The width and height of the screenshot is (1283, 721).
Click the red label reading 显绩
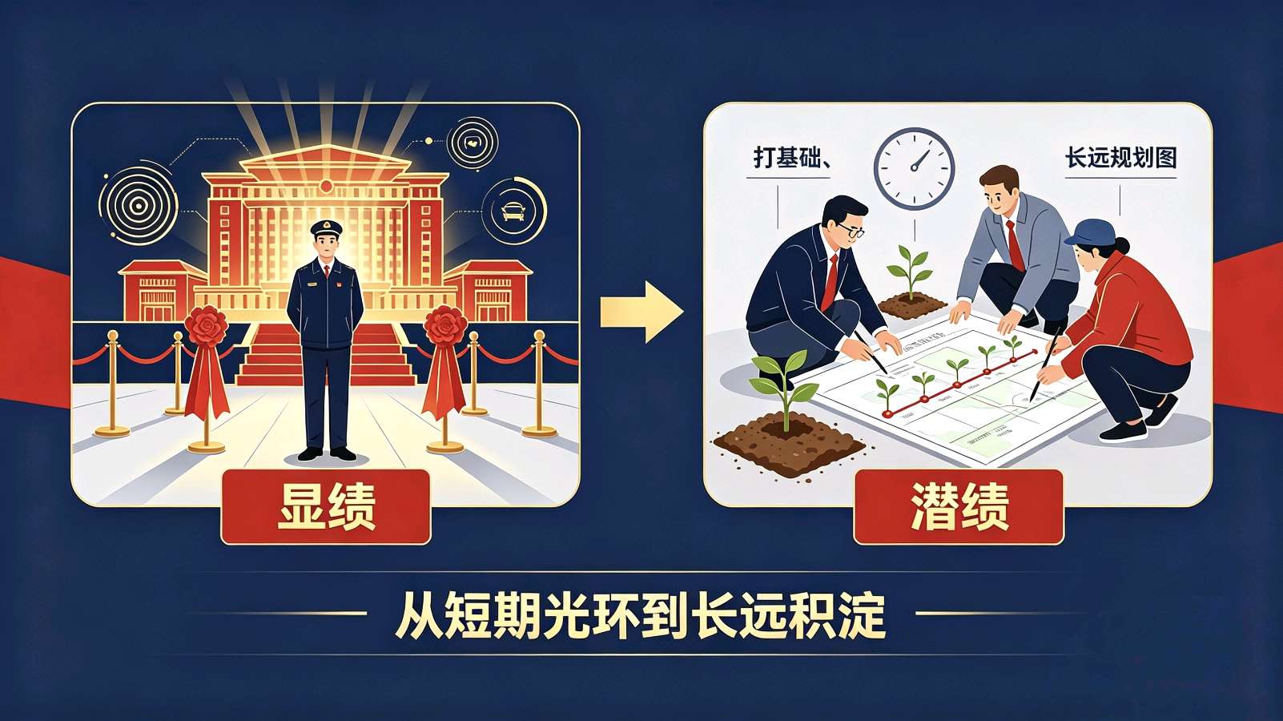tap(325, 506)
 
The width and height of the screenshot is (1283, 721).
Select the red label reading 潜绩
tap(959, 506)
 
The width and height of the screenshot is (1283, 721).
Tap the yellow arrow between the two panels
tap(641, 312)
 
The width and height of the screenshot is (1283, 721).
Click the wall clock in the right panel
tap(914, 168)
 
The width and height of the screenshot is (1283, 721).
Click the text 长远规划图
tap(1121, 158)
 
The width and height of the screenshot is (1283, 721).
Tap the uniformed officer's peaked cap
tap(327, 228)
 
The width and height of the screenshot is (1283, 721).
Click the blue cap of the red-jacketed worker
tap(1089, 232)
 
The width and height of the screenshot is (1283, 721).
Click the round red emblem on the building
tap(326, 187)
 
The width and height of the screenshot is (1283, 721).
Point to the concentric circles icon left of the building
tap(138, 206)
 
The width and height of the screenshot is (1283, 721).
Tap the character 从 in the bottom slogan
tap(419, 616)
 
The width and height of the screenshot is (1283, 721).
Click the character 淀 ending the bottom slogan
tap(862, 616)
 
